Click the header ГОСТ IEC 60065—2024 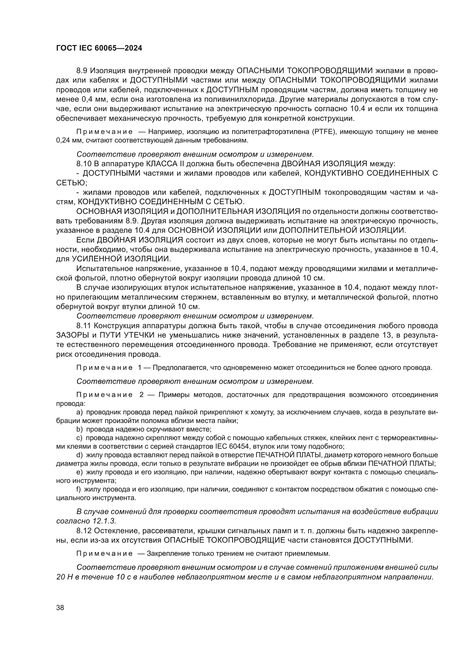(x=99, y=48)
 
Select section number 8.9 (x=82, y=71)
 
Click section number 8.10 (x=84, y=164)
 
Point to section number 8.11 (x=84, y=326)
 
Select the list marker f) (x=78, y=489)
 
